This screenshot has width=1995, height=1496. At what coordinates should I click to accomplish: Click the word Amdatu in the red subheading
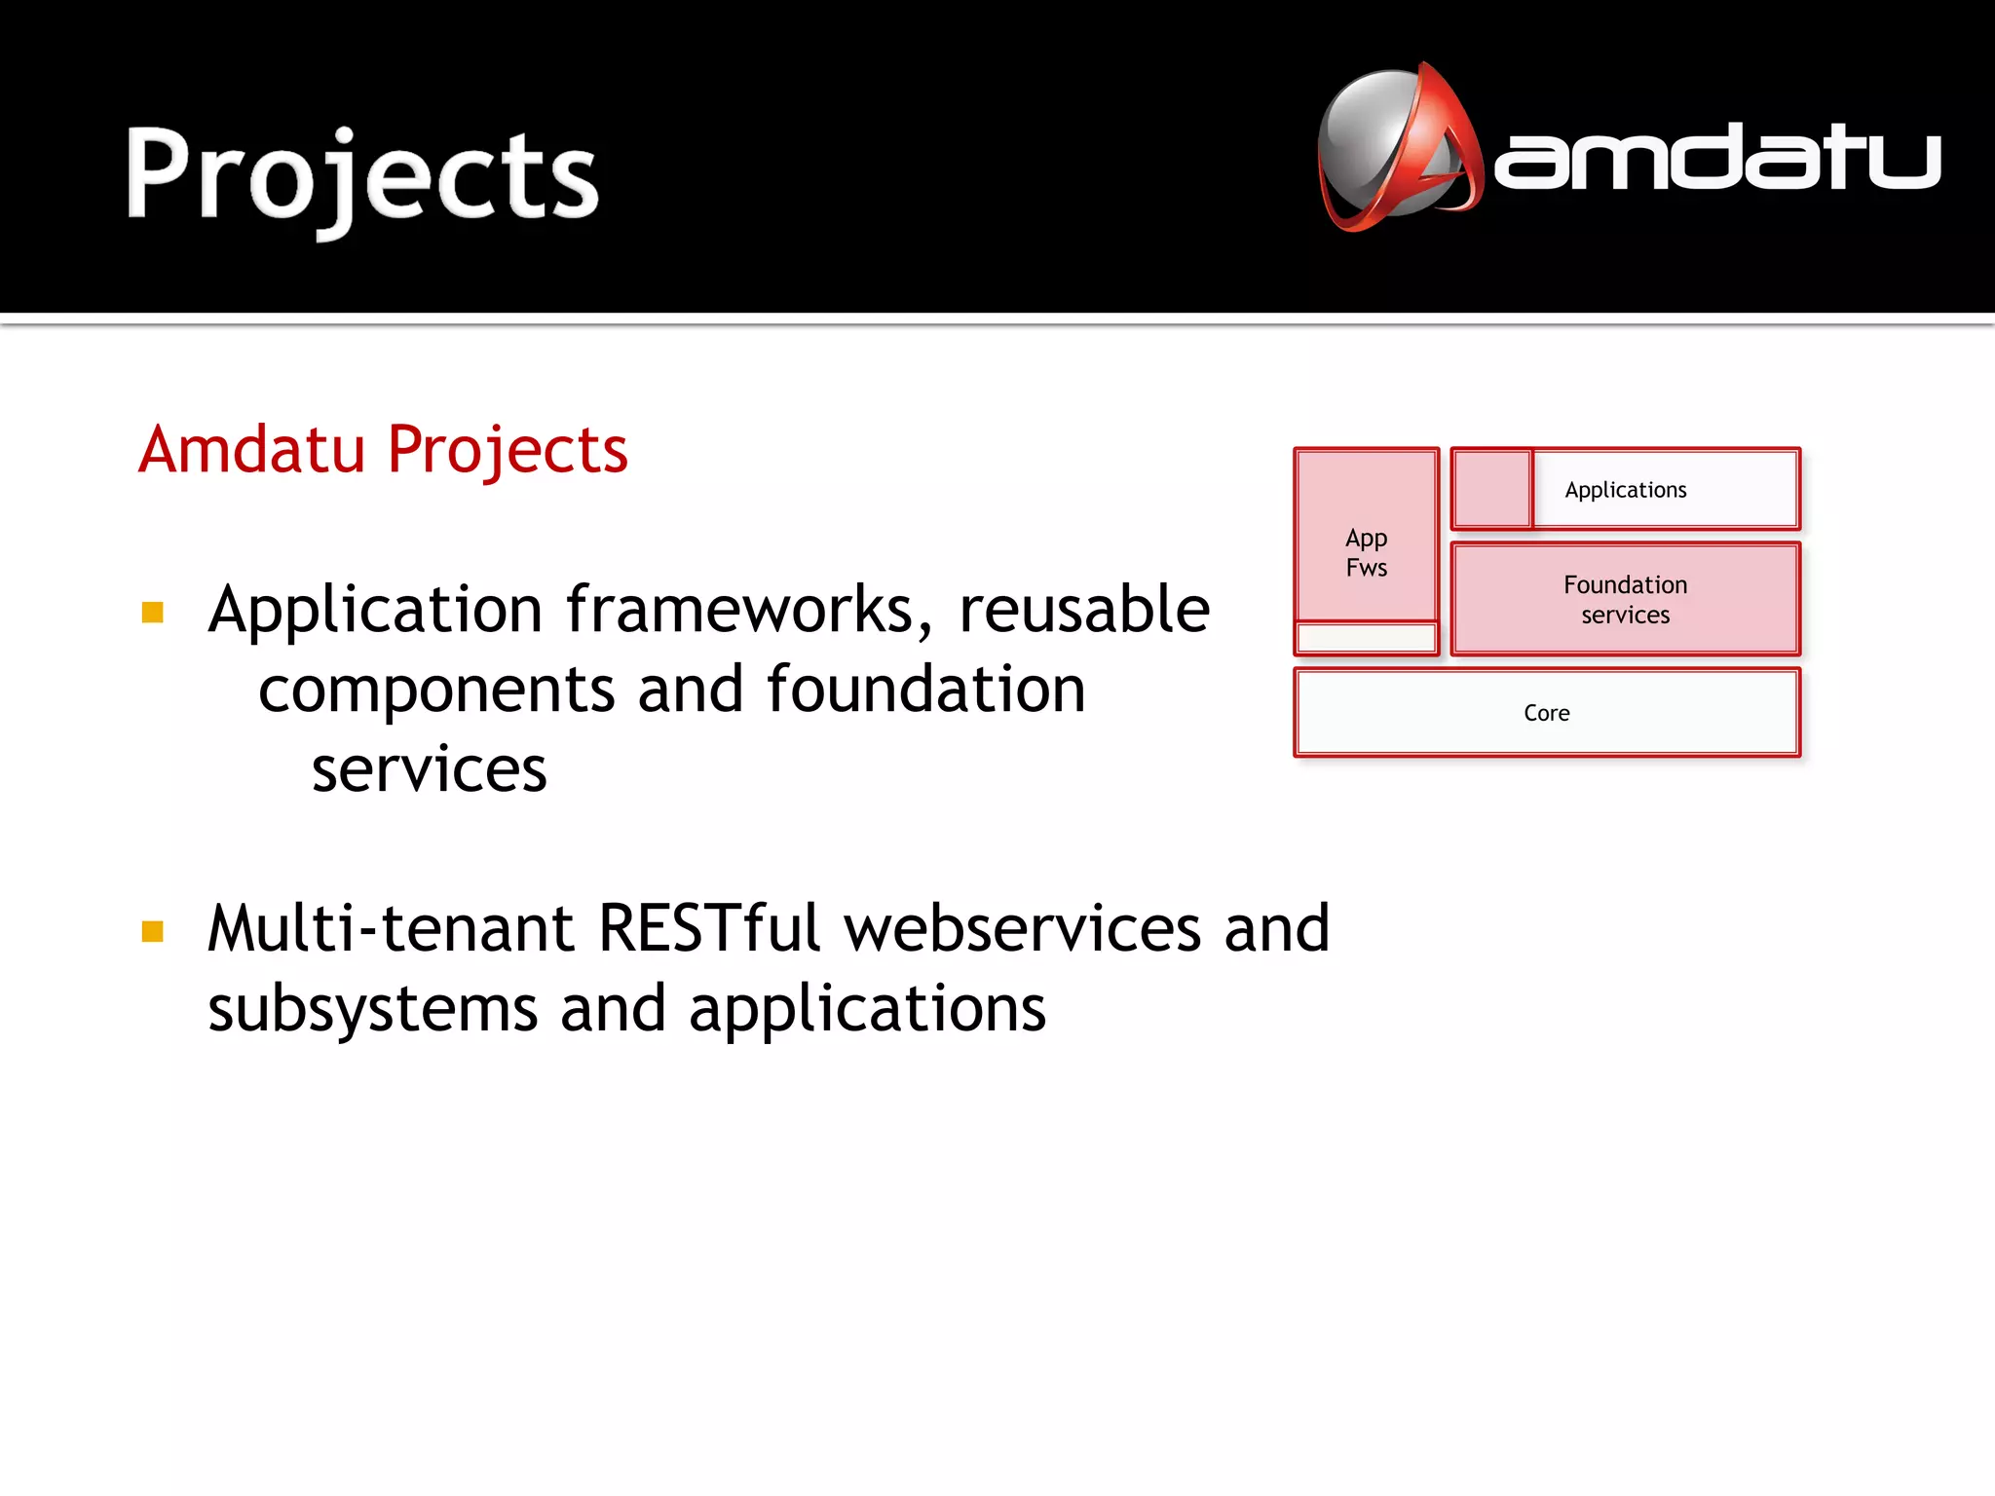pos(251,450)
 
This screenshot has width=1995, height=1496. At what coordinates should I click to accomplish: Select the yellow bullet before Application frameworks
pos(153,613)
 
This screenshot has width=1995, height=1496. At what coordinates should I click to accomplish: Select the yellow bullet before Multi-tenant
pos(153,932)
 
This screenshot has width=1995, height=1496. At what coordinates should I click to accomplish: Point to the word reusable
pos(1083,611)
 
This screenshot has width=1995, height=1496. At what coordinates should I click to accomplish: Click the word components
pos(436,691)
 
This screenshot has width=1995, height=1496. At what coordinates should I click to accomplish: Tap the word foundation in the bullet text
pos(925,691)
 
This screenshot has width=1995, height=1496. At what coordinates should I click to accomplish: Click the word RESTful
pos(709,928)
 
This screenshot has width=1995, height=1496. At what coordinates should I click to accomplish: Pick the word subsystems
pos(372,1009)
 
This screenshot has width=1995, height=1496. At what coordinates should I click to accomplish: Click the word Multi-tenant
pos(390,928)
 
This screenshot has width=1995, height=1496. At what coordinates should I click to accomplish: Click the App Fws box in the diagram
pos(1366,552)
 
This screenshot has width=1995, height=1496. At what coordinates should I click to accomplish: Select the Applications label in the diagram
pos(1625,490)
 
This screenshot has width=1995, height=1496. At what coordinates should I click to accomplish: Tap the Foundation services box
pos(1625,599)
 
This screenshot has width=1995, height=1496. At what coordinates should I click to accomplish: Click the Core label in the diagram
pos(1546,713)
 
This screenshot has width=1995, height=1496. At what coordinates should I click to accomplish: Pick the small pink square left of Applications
pos(1491,489)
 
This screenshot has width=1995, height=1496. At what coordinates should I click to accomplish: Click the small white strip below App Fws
pos(1366,639)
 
